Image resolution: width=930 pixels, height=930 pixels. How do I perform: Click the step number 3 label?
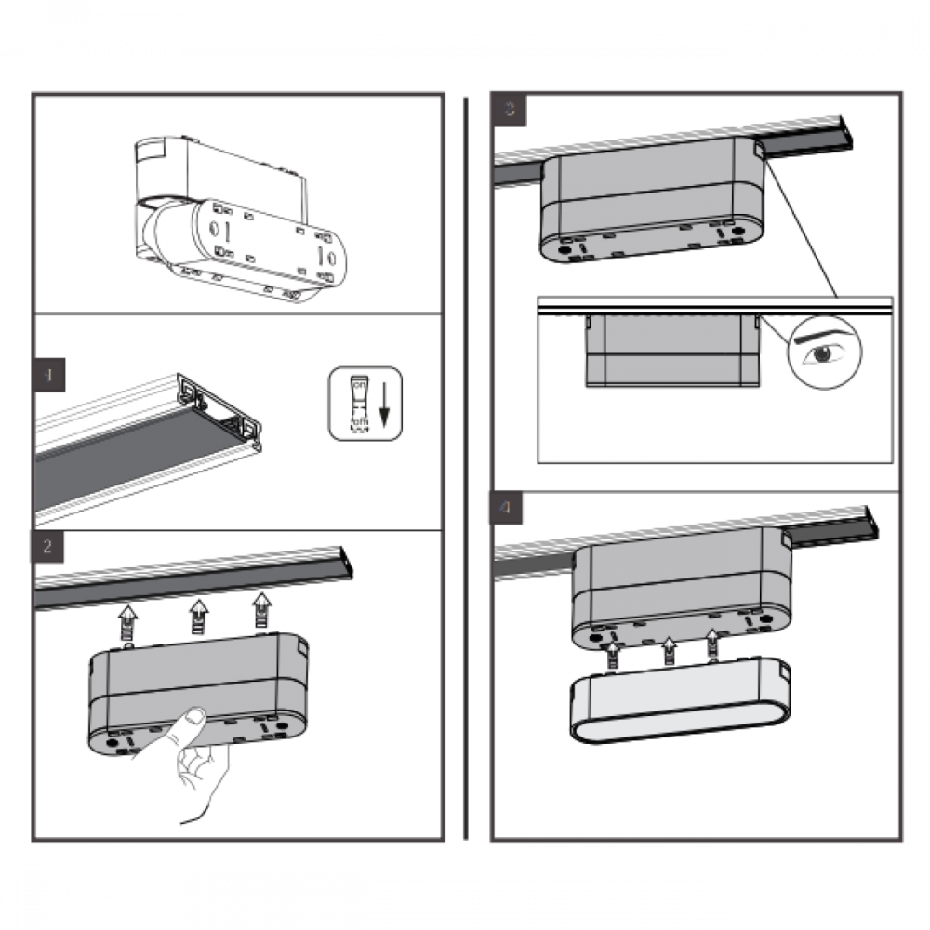(x=509, y=110)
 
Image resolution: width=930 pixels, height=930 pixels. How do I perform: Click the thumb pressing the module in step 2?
(x=193, y=719)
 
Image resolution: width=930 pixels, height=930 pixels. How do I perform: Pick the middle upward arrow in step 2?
(x=197, y=614)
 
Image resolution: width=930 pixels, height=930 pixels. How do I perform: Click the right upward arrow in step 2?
(x=263, y=609)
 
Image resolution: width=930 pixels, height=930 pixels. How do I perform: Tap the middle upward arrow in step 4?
(x=667, y=651)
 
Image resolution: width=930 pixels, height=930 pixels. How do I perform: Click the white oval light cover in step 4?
(x=679, y=704)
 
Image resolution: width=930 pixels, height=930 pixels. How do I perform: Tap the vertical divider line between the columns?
(x=466, y=465)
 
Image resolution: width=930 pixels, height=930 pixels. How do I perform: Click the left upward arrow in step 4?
(x=612, y=655)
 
